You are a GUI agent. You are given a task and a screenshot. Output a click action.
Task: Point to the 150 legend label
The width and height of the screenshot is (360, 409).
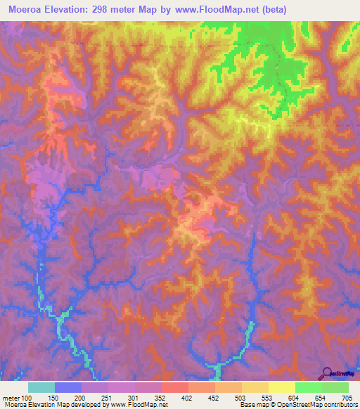click(52, 398)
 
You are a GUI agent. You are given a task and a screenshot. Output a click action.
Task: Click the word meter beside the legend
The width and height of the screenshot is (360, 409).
click(11, 398)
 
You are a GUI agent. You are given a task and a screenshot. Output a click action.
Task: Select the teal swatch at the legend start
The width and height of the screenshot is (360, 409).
click(41, 387)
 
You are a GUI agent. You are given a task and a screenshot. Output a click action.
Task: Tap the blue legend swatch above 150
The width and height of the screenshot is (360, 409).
click(68, 387)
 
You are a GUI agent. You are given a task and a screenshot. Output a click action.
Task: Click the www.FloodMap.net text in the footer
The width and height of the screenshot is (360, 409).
click(139, 405)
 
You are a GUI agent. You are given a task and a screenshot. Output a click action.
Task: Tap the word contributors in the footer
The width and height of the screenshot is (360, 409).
click(341, 405)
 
